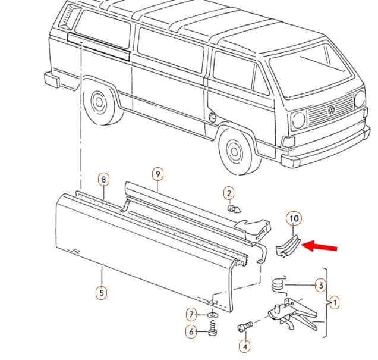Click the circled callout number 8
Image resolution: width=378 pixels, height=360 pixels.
coord(103,179)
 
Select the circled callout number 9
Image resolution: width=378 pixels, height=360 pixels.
coord(157,174)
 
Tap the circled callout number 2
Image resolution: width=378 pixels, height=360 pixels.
coord(229,193)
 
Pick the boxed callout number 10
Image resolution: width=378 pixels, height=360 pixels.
coord(294,218)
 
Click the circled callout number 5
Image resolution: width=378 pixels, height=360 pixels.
coord(102,292)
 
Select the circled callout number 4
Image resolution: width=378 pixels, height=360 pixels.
coord(244,345)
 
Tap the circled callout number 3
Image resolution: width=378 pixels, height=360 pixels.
coord(320,286)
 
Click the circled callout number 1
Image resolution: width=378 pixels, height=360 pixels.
coord(335,303)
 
